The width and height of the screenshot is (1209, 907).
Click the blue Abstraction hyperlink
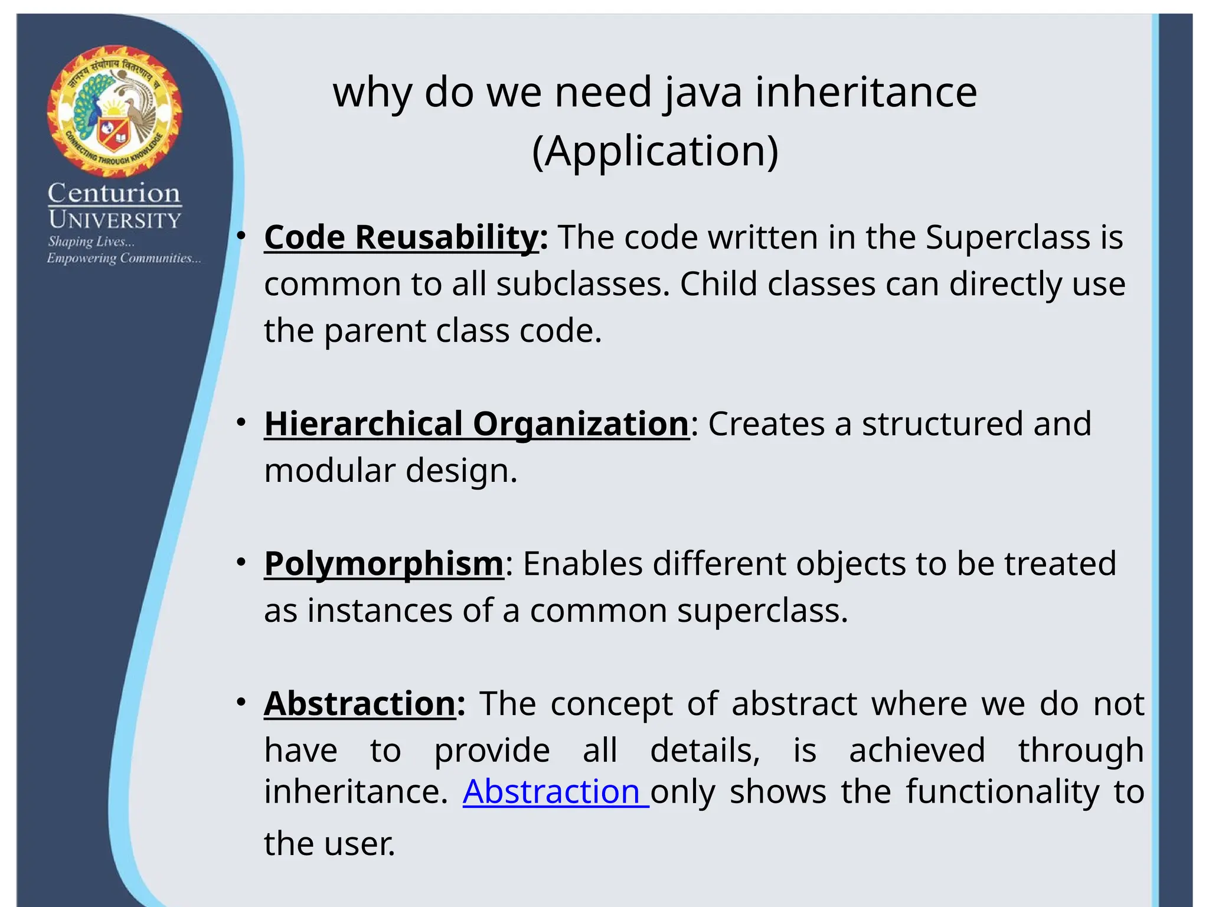coord(555,792)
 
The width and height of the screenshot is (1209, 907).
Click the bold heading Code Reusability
coord(401,237)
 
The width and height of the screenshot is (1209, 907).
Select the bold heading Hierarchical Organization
coord(476,424)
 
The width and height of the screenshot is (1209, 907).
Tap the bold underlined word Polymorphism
coord(384,563)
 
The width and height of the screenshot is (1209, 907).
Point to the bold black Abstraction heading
coord(360,704)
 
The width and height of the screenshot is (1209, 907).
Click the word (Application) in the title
coord(655,151)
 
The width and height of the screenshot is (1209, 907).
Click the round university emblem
coord(115,111)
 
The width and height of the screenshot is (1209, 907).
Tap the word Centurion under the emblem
coord(114,193)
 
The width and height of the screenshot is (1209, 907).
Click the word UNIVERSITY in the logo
coord(115,220)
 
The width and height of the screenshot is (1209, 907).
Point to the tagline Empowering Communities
coord(123,259)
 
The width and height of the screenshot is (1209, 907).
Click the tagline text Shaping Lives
coord(91,242)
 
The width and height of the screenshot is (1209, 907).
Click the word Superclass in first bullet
coord(1007,237)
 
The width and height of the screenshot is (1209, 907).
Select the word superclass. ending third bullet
coord(762,611)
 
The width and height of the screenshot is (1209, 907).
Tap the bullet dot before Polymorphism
coord(241,562)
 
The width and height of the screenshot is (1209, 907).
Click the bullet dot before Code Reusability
coord(241,236)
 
